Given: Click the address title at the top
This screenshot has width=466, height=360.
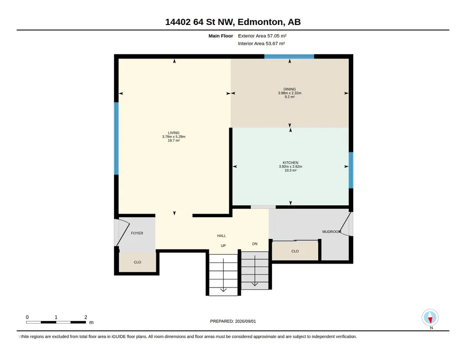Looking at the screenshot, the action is pos(233,22).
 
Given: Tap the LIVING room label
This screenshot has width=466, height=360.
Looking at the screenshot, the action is pos(174,133).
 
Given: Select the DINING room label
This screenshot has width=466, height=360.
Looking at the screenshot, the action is pos(290,89).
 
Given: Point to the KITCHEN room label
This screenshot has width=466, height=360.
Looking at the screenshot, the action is pos(291,163).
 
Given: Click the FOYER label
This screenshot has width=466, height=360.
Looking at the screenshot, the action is pos(137,233).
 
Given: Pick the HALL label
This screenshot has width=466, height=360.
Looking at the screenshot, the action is pos(221,236).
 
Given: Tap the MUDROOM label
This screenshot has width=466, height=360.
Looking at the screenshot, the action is pos(331,232).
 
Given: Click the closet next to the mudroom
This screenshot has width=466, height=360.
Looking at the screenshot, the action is pos(295,251).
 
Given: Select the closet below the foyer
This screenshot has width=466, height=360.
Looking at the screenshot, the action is pos(137,262).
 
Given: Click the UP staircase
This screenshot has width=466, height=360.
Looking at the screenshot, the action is pos(223,275).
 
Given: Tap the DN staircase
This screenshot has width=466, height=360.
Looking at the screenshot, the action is pos(255,270).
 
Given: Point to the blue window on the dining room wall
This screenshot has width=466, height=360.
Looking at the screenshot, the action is pos(289,56).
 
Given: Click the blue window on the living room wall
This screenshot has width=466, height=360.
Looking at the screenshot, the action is pos(116,139).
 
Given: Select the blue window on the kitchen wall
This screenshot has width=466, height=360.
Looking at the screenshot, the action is pos(351,170).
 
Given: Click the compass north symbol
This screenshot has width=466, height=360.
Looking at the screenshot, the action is pos(430,318).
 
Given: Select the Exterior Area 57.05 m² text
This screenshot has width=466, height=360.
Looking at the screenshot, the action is pos(262,36).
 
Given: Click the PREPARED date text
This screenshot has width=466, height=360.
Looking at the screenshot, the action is pos(233,321).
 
